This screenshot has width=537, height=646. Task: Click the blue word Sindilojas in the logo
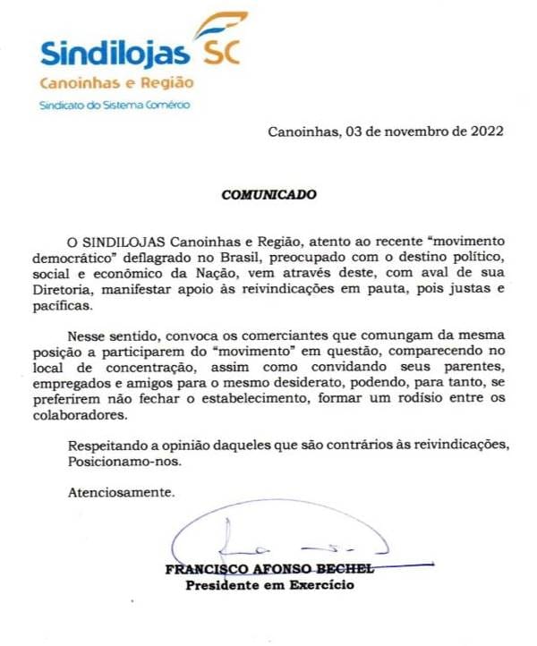pyautogui.click(x=115, y=53)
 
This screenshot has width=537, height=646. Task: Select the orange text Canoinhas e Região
pyautogui.click(x=116, y=83)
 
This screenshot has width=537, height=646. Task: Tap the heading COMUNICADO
pyautogui.click(x=269, y=192)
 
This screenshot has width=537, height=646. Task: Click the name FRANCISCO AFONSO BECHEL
pyautogui.click(x=268, y=570)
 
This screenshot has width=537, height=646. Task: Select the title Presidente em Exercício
pyautogui.click(x=268, y=586)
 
